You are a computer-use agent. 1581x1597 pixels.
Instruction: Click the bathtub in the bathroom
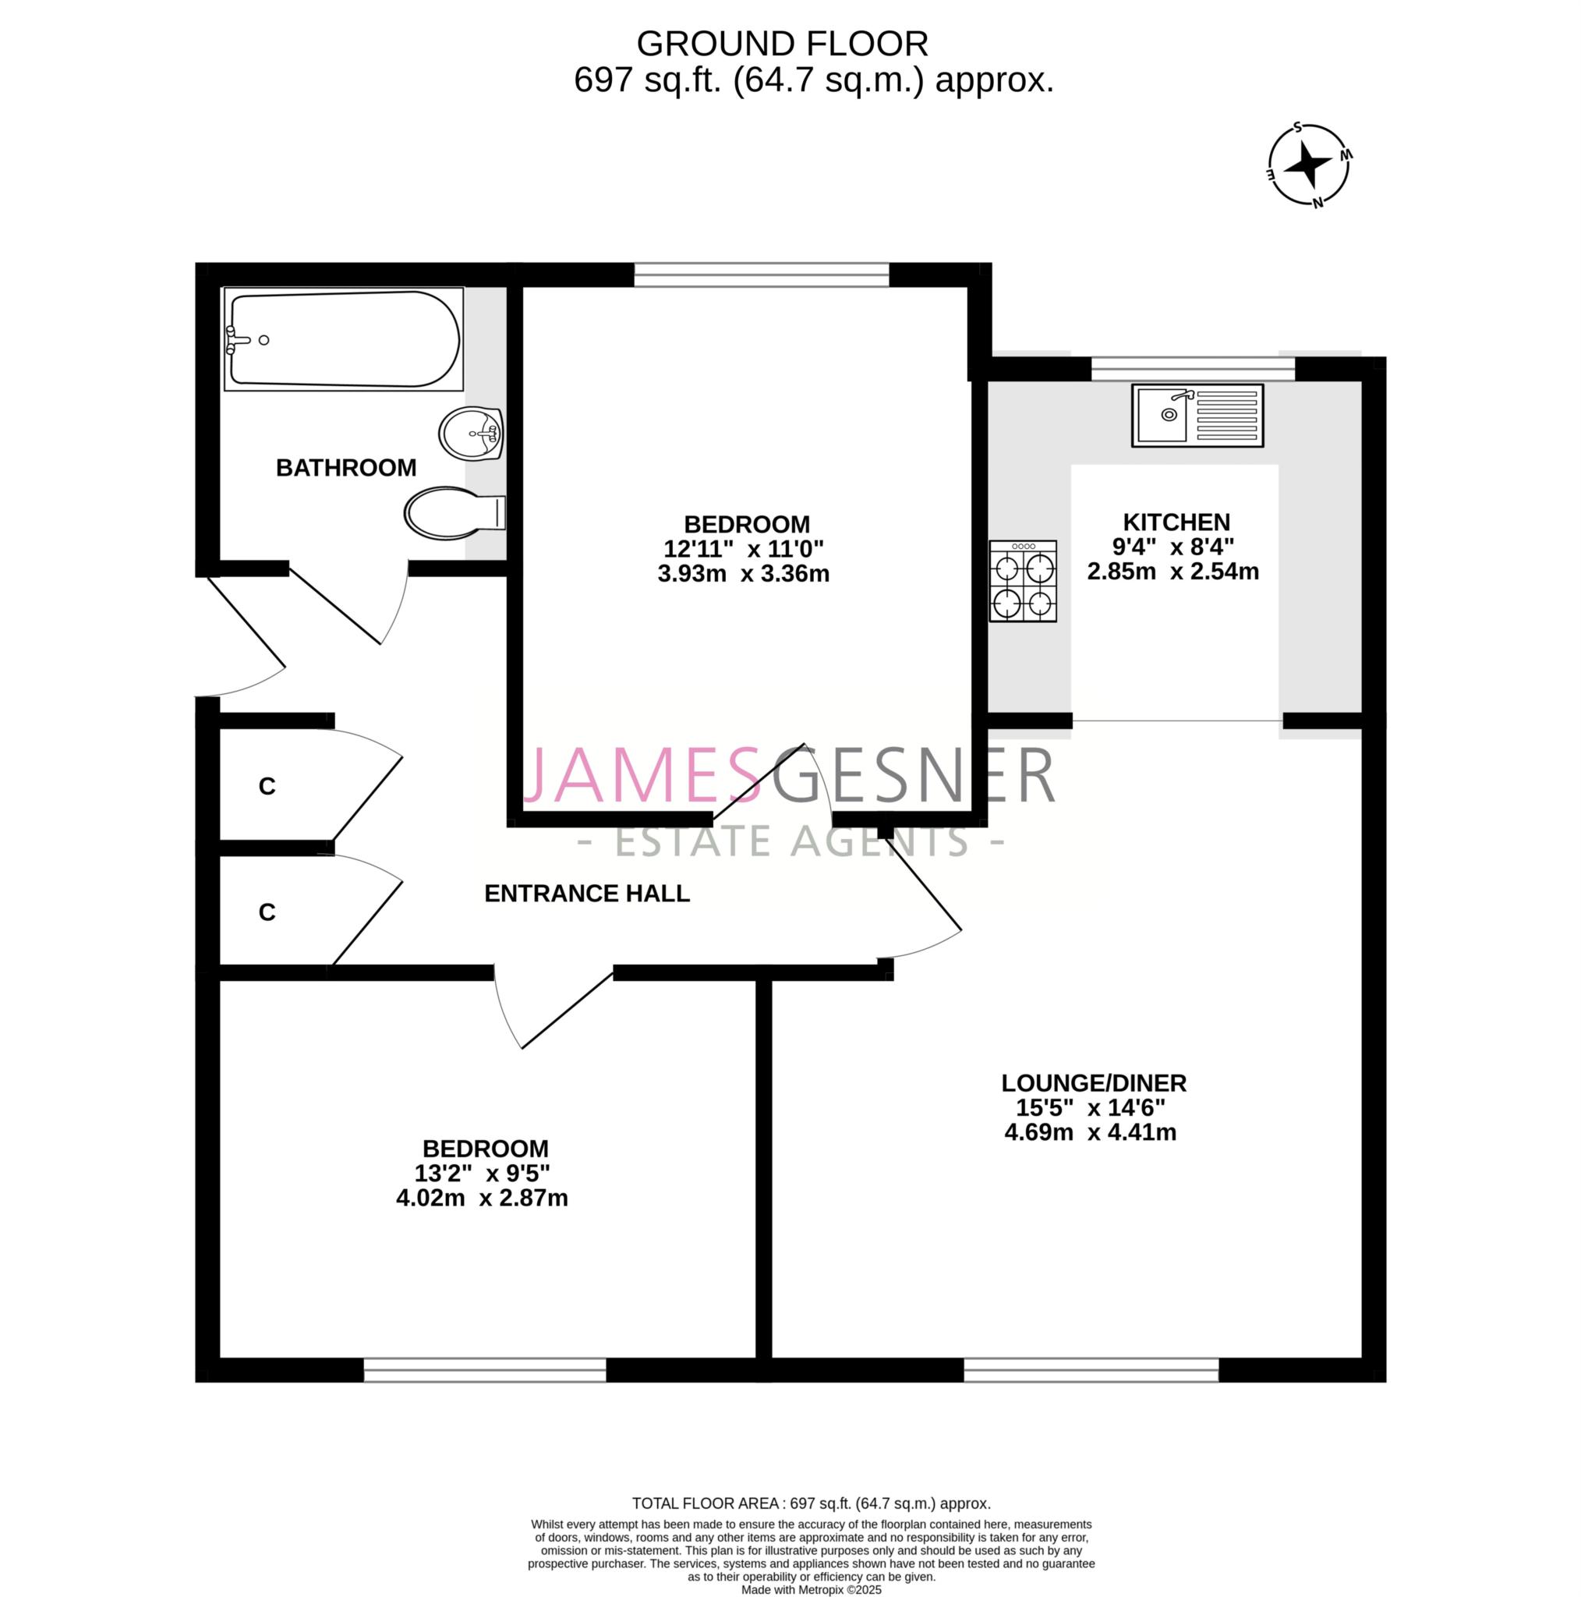point(343,339)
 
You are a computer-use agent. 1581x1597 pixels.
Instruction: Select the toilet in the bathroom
point(454,512)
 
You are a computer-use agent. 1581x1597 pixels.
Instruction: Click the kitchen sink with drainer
point(1197,416)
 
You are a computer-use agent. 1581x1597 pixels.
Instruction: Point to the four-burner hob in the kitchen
point(1023,581)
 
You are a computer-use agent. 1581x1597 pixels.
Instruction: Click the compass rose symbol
point(1309,165)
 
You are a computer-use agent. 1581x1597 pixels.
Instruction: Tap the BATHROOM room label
point(345,468)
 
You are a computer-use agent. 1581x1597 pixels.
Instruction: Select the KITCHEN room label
point(1176,522)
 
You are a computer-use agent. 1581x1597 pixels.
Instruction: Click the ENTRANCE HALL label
point(587,894)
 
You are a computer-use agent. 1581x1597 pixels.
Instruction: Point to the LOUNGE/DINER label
point(1095,1083)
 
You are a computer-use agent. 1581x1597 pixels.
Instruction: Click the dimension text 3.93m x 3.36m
point(744,574)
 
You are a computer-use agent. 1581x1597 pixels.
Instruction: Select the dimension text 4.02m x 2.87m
point(482,1198)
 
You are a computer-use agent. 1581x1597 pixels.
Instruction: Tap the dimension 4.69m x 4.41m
point(1090,1131)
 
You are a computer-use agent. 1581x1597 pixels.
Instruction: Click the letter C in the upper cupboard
point(267,787)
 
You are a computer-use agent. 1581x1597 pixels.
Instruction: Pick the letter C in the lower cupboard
point(267,912)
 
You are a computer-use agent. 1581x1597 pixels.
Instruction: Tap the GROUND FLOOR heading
point(783,44)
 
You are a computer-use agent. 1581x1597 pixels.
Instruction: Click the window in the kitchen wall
point(1194,369)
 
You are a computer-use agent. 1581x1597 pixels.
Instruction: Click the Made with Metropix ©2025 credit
point(812,1589)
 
